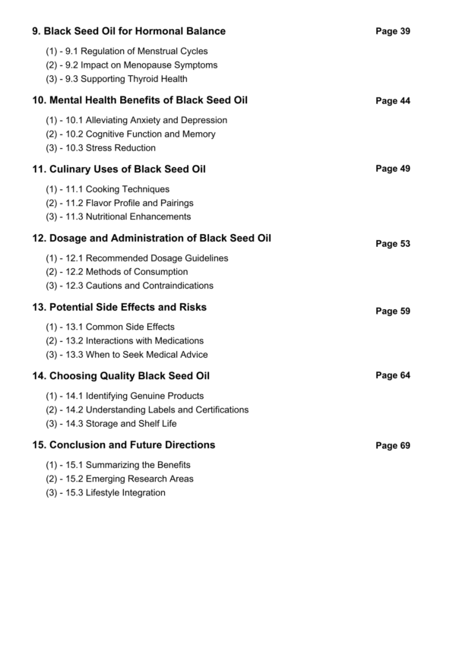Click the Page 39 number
tap(393, 31)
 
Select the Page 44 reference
tap(393, 101)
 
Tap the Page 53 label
tap(393, 244)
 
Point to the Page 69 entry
tap(393, 446)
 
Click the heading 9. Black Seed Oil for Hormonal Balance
tap(128, 31)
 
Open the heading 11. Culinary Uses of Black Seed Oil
tap(119, 169)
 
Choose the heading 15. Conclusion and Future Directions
tap(123, 444)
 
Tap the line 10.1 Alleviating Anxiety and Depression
tap(137, 120)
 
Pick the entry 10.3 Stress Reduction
tap(101, 148)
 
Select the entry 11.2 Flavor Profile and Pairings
tap(120, 203)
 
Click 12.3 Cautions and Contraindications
tap(130, 286)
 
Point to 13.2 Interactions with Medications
tap(125, 341)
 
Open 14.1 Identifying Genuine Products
tap(125, 396)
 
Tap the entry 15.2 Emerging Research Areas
tap(120, 479)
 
